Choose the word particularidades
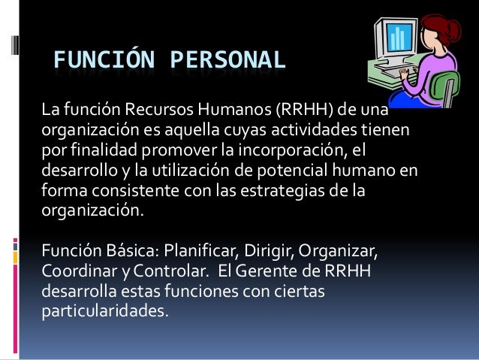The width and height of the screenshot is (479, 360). (x=105, y=307)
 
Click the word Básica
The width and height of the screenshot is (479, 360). (x=122, y=249)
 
